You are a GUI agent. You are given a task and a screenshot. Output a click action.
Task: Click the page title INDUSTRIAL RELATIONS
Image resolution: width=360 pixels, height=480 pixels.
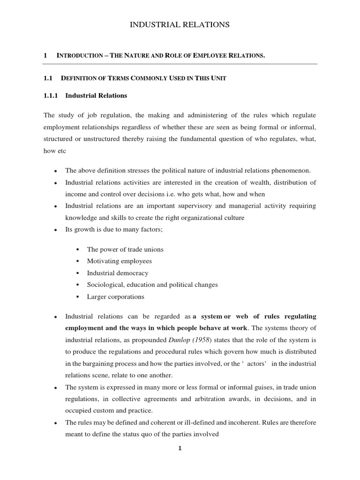(180, 25)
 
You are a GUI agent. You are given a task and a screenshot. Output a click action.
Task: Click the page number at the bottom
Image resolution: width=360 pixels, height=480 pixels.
(180, 448)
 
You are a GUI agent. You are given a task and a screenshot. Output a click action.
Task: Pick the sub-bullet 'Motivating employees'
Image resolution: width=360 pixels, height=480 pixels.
(119, 261)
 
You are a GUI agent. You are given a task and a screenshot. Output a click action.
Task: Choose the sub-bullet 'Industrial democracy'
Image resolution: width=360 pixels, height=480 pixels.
(117, 273)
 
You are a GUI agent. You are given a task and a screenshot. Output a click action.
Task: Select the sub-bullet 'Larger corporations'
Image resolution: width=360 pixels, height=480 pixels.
(115, 297)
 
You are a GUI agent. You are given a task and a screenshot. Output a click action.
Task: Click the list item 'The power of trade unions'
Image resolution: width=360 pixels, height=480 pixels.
(125, 249)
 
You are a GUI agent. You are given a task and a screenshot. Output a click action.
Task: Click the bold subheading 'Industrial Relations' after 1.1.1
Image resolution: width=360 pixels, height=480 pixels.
(96, 96)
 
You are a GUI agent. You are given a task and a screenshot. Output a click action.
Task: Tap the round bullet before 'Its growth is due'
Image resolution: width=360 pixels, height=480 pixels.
(56, 231)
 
